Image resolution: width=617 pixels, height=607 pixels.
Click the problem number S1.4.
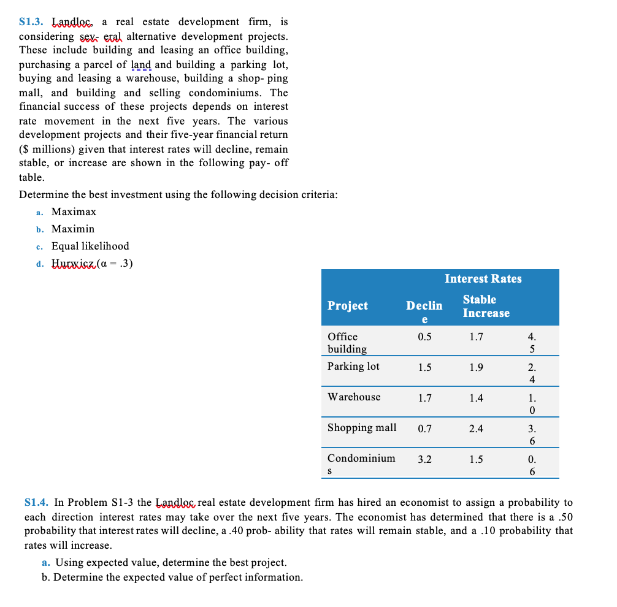pyautogui.click(x=36, y=503)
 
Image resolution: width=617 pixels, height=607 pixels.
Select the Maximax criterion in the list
pyautogui.click(x=74, y=212)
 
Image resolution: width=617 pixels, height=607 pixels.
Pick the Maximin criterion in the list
pyautogui.click(x=73, y=229)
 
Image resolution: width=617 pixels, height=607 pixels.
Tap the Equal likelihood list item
pyautogui.click(x=90, y=246)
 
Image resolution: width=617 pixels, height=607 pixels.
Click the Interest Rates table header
pyautogui.click(x=483, y=279)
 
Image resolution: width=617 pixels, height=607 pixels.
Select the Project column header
pyautogui.click(x=348, y=305)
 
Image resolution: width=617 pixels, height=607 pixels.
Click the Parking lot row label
pyautogui.click(x=353, y=366)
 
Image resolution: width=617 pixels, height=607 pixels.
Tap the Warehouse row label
pyautogui.click(x=354, y=397)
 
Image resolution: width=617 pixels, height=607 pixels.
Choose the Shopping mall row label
pyautogui.click(x=362, y=427)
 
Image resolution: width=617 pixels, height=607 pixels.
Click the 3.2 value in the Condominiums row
pyautogui.click(x=424, y=459)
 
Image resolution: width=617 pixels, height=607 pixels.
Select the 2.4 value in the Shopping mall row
pyautogui.click(x=476, y=429)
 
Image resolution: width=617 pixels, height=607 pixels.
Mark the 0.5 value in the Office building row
pyautogui.click(x=424, y=337)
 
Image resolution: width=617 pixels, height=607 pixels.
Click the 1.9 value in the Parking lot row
pyautogui.click(x=476, y=367)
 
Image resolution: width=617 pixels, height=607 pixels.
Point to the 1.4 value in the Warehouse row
pyautogui.click(x=476, y=398)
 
